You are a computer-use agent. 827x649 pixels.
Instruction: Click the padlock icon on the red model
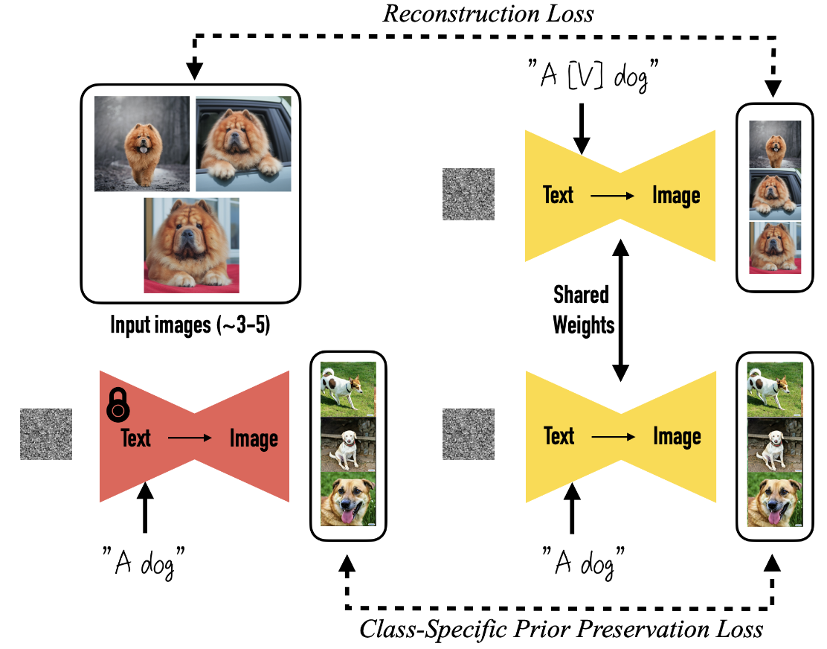[x=118, y=406]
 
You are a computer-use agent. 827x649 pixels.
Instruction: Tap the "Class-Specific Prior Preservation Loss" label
[x=561, y=629]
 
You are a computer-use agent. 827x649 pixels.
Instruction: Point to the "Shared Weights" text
[x=582, y=310]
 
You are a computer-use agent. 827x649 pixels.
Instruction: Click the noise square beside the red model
[x=46, y=433]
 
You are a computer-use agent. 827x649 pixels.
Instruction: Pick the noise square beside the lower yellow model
[x=469, y=433]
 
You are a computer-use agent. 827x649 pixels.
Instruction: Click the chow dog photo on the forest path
[x=142, y=144]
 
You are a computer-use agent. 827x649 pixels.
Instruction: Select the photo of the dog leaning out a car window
[x=242, y=144]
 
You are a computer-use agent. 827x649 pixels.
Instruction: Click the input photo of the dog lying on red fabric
[x=192, y=245]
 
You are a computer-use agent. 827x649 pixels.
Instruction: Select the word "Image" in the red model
[x=254, y=438]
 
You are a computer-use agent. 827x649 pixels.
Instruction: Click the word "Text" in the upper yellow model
[x=559, y=196]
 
